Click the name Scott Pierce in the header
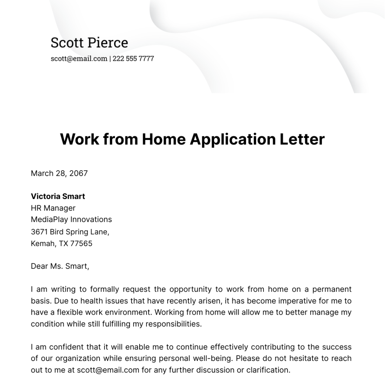pyautogui.click(x=89, y=43)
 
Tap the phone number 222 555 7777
pyautogui.click(x=133, y=58)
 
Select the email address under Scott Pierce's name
pyautogui.click(x=79, y=58)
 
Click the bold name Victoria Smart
pyautogui.click(x=58, y=196)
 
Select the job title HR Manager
pyautogui.click(x=53, y=208)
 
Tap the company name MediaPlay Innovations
pyautogui.click(x=71, y=219)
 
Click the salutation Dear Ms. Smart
pyautogui.click(x=60, y=266)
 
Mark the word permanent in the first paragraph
pyautogui.click(x=332, y=289)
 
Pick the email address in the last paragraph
pyautogui.click(x=108, y=370)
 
